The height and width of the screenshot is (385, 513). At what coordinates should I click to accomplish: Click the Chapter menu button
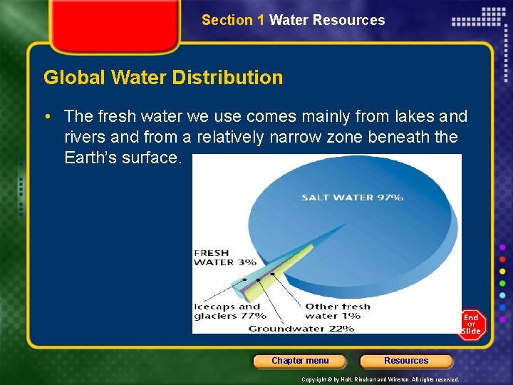click(300, 361)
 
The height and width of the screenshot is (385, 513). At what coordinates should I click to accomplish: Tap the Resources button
click(406, 361)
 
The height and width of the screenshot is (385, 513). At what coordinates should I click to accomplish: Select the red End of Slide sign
click(471, 324)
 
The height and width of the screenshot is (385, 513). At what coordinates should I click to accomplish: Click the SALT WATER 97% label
click(352, 197)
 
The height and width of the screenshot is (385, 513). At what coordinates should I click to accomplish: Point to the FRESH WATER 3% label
click(224, 257)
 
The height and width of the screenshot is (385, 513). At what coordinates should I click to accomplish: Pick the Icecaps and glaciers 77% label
click(229, 311)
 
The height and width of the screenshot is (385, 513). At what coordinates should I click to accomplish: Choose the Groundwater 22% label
click(301, 329)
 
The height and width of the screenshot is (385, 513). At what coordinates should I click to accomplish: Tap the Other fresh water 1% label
click(338, 311)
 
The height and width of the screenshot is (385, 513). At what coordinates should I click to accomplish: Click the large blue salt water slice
click(356, 228)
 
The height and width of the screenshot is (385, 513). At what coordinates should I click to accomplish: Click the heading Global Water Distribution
click(163, 77)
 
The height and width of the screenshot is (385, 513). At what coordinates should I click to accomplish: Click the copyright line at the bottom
click(380, 379)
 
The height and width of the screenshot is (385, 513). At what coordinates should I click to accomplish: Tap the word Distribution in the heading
click(235, 77)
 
